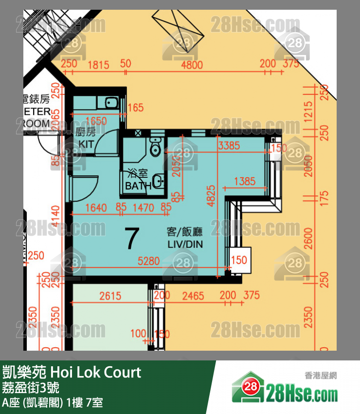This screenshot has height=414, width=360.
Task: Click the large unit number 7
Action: (132, 238)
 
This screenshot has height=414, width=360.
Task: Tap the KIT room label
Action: (86, 144)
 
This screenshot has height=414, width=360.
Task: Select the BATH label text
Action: (138, 186)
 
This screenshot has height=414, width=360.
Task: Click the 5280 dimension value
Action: (148, 262)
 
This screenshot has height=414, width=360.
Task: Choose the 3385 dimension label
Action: (229, 145)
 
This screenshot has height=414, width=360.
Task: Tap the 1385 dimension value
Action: (244, 182)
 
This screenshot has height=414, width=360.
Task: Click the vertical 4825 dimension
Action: (212, 195)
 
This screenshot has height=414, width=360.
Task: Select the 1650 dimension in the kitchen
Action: (95, 121)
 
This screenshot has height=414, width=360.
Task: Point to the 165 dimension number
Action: (136, 108)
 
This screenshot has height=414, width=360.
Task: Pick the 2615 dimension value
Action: (110, 296)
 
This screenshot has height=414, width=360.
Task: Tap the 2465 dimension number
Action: (193, 296)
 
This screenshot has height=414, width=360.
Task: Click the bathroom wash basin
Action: (158, 181)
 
